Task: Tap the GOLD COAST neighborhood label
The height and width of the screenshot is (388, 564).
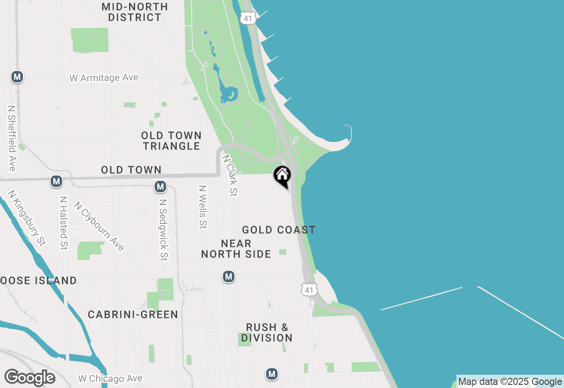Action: [278, 230]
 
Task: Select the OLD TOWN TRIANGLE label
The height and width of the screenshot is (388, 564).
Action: [171, 141]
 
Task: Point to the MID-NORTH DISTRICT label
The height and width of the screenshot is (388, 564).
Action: [134, 12]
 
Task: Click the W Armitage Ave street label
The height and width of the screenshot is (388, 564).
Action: [104, 78]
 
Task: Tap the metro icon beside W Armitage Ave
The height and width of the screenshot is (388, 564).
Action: [17, 77]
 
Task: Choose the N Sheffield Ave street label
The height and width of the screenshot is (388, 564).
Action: [12, 138]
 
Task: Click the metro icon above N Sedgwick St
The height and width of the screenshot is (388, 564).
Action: [160, 187]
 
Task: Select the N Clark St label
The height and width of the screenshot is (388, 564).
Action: [230, 175]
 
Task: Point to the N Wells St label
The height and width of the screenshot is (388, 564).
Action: [202, 206]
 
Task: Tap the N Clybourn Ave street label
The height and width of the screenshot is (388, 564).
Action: [99, 226]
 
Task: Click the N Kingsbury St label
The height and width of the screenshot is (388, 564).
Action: [27, 218]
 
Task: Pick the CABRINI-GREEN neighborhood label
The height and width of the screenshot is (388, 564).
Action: [133, 314]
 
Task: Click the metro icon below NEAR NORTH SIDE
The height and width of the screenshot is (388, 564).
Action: [228, 276]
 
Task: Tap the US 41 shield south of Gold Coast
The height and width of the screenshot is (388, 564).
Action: [309, 289]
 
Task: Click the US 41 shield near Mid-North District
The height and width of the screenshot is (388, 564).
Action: [248, 18]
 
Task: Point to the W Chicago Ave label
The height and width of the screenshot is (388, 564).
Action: [110, 378]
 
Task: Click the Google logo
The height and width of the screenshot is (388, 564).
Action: [30, 377]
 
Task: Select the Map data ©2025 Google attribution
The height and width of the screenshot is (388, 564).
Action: [510, 382]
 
